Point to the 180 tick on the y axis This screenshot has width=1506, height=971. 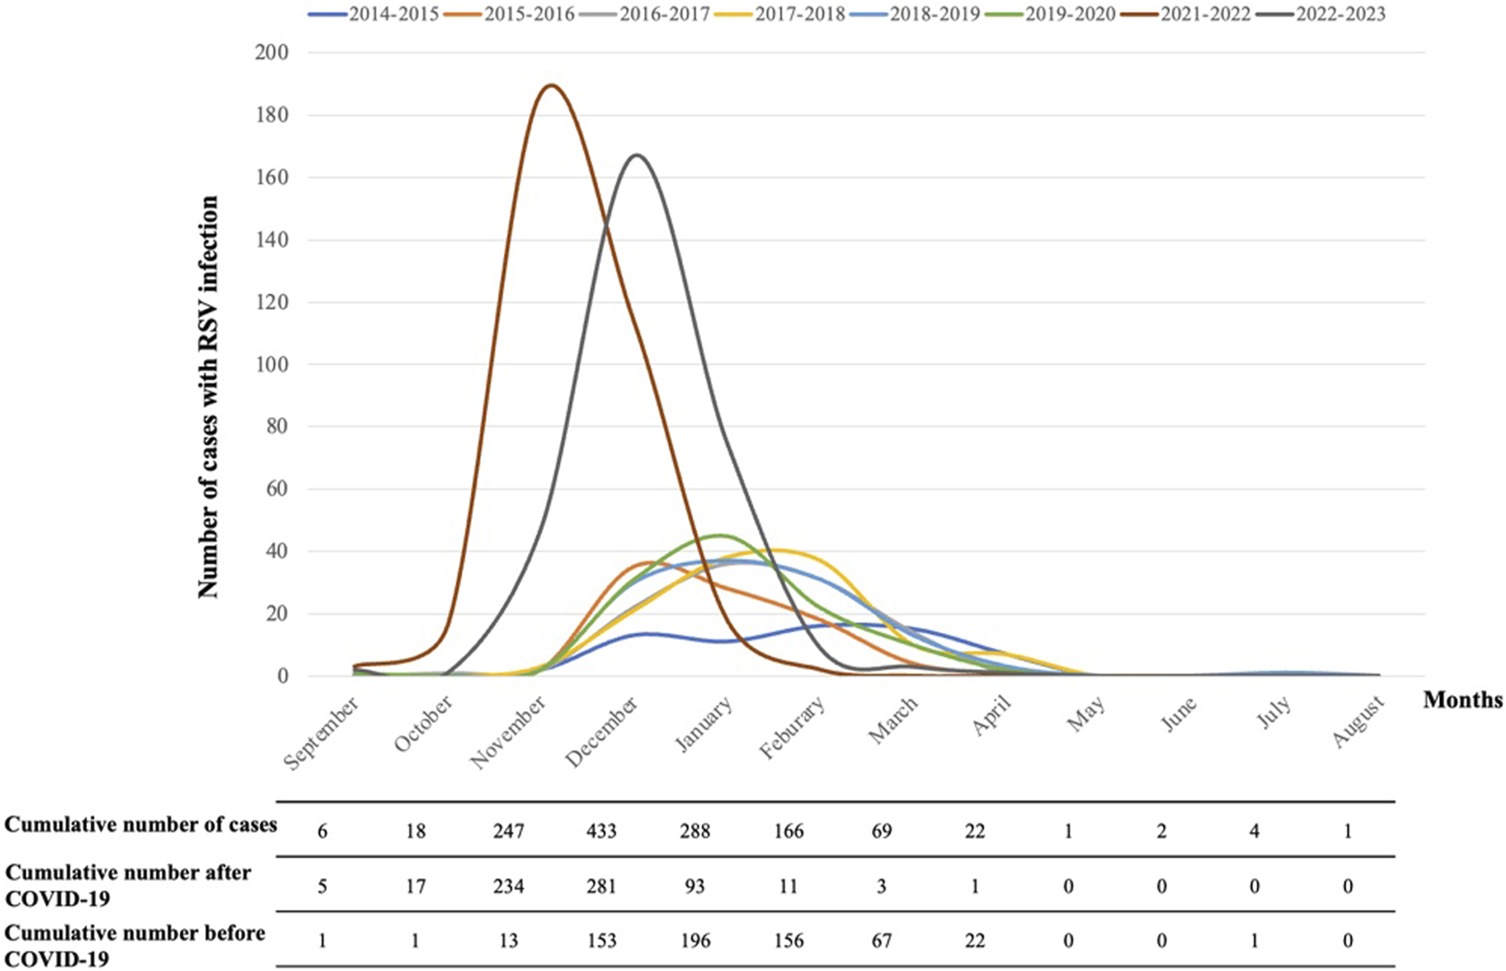tap(271, 115)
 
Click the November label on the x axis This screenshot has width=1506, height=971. tap(510, 732)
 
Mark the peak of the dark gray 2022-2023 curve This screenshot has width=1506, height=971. tap(637, 156)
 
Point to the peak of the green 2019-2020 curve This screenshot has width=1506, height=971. tap(721, 535)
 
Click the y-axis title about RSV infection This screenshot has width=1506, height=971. tap(208, 396)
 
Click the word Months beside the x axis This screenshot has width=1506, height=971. tap(1463, 700)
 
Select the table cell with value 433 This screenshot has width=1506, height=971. tap(602, 831)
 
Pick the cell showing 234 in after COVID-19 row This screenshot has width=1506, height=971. tap(509, 887)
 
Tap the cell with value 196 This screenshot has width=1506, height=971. tap(696, 941)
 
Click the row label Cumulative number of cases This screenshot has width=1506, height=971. tap(141, 825)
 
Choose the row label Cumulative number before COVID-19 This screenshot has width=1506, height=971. tap(135, 945)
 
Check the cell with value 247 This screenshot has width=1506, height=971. tap(509, 831)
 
